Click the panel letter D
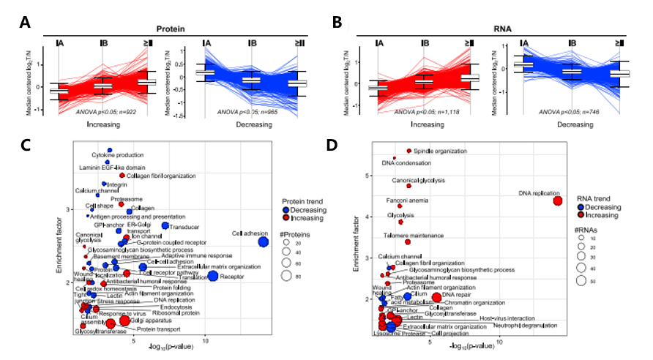(x=332, y=145)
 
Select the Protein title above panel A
(x=170, y=29)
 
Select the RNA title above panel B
(x=502, y=29)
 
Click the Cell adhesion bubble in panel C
(x=263, y=242)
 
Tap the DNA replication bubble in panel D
(x=558, y=201)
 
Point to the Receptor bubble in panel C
(x=213, y=276)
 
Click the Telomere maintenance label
(x=414, y=236)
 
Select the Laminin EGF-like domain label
(x=107, y=168)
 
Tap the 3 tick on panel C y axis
(x=67, y=210)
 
